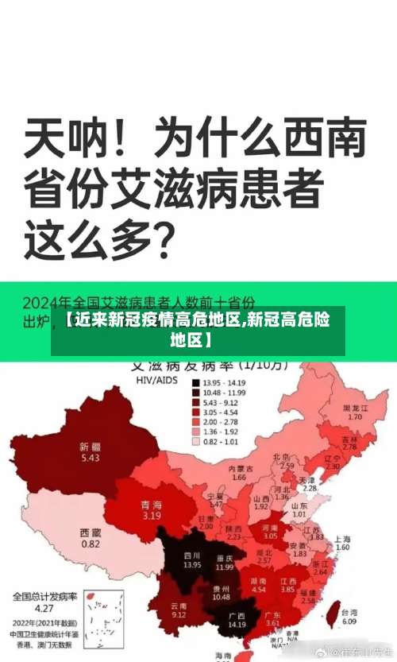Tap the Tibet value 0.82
(x=91, y=544)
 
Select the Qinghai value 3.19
(x=152, y=516)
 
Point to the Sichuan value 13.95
(x=192, y=565)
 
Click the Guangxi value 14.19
(x=236, y=625)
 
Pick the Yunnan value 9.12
(x=179, y=615)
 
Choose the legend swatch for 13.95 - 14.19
(x=195, y=382)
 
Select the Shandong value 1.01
(x=299, y=515)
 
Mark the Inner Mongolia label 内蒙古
(x=238, y=470)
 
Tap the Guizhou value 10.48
(x=222, y=597)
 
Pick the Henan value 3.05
(x=270, y=536)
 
